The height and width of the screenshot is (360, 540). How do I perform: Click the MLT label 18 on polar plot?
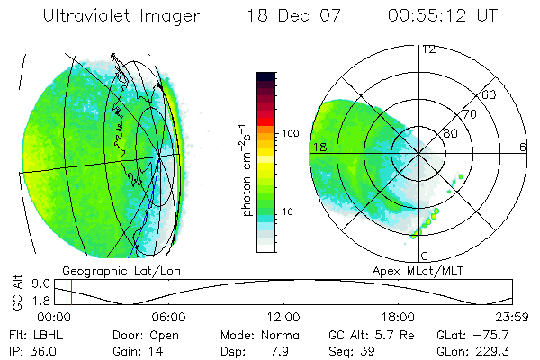pyautogui.click(x=318, y=147)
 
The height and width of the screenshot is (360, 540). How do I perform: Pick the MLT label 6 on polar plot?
pyautogui.click(x=522, y=147)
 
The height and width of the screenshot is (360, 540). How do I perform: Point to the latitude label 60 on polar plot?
pyautogui.click(x=490, y=94)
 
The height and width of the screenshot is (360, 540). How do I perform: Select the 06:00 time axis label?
pyautogui.click(x=168, y=317)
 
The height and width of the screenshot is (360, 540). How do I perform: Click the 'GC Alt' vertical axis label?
pyautogui.click(x=15, y=292)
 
